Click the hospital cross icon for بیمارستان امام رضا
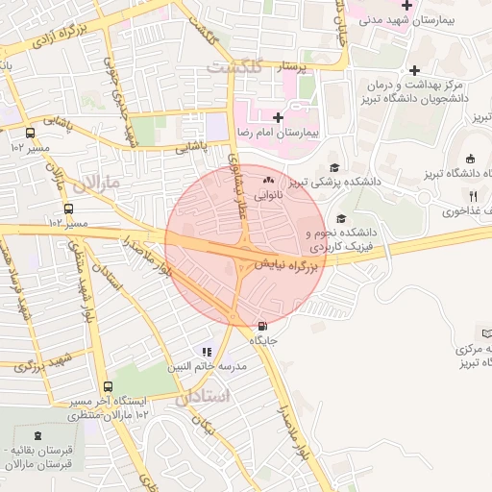279,117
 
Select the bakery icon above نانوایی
268,180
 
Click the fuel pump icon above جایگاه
264,327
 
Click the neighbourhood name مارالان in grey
98,182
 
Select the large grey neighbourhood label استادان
205,397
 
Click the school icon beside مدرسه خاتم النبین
206,353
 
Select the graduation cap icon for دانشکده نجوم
342,217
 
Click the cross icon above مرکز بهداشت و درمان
414,70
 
